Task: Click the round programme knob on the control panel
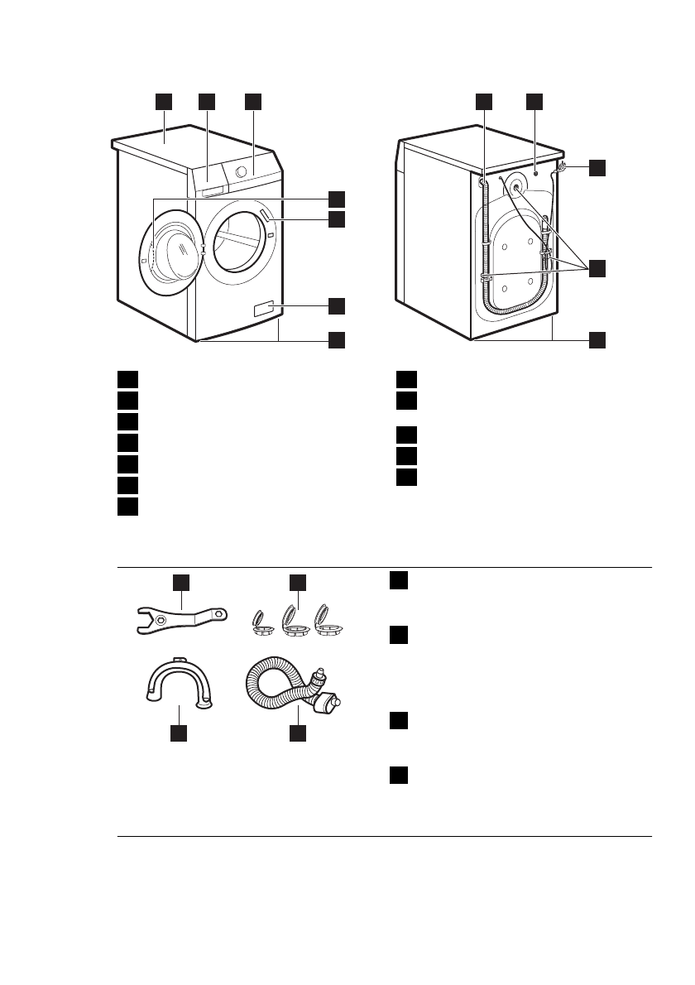click(241, 171)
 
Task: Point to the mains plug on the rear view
click(563, 168)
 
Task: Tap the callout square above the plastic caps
click(297, 583)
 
